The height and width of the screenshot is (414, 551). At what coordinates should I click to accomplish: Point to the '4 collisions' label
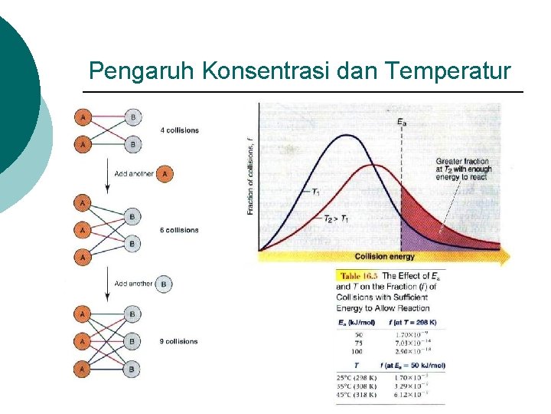pos(180,130)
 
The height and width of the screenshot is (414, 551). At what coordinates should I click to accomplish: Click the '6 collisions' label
pos(180,230)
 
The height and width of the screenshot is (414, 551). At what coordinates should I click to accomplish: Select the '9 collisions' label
pos(180,341)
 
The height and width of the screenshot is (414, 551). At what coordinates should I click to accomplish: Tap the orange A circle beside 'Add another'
pos(164,174)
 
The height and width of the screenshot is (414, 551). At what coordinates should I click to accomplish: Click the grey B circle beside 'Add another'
pos(163,284)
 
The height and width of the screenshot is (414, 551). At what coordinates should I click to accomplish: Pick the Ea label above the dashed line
pos(402,121)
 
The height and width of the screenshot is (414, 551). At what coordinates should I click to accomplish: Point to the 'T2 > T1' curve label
pos(334,220)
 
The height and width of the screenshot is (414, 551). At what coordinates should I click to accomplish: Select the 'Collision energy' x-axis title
pos(385,256)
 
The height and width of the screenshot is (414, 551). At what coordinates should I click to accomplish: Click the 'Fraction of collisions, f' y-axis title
pos(250,176)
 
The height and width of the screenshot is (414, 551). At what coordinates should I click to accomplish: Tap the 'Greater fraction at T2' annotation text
pos(462,169)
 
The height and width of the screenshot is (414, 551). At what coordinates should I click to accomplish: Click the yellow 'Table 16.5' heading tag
pos(357,276)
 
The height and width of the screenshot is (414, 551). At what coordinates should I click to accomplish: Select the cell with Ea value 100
pos(357,350)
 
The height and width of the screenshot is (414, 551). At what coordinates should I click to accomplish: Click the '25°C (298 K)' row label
pos(357,377)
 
